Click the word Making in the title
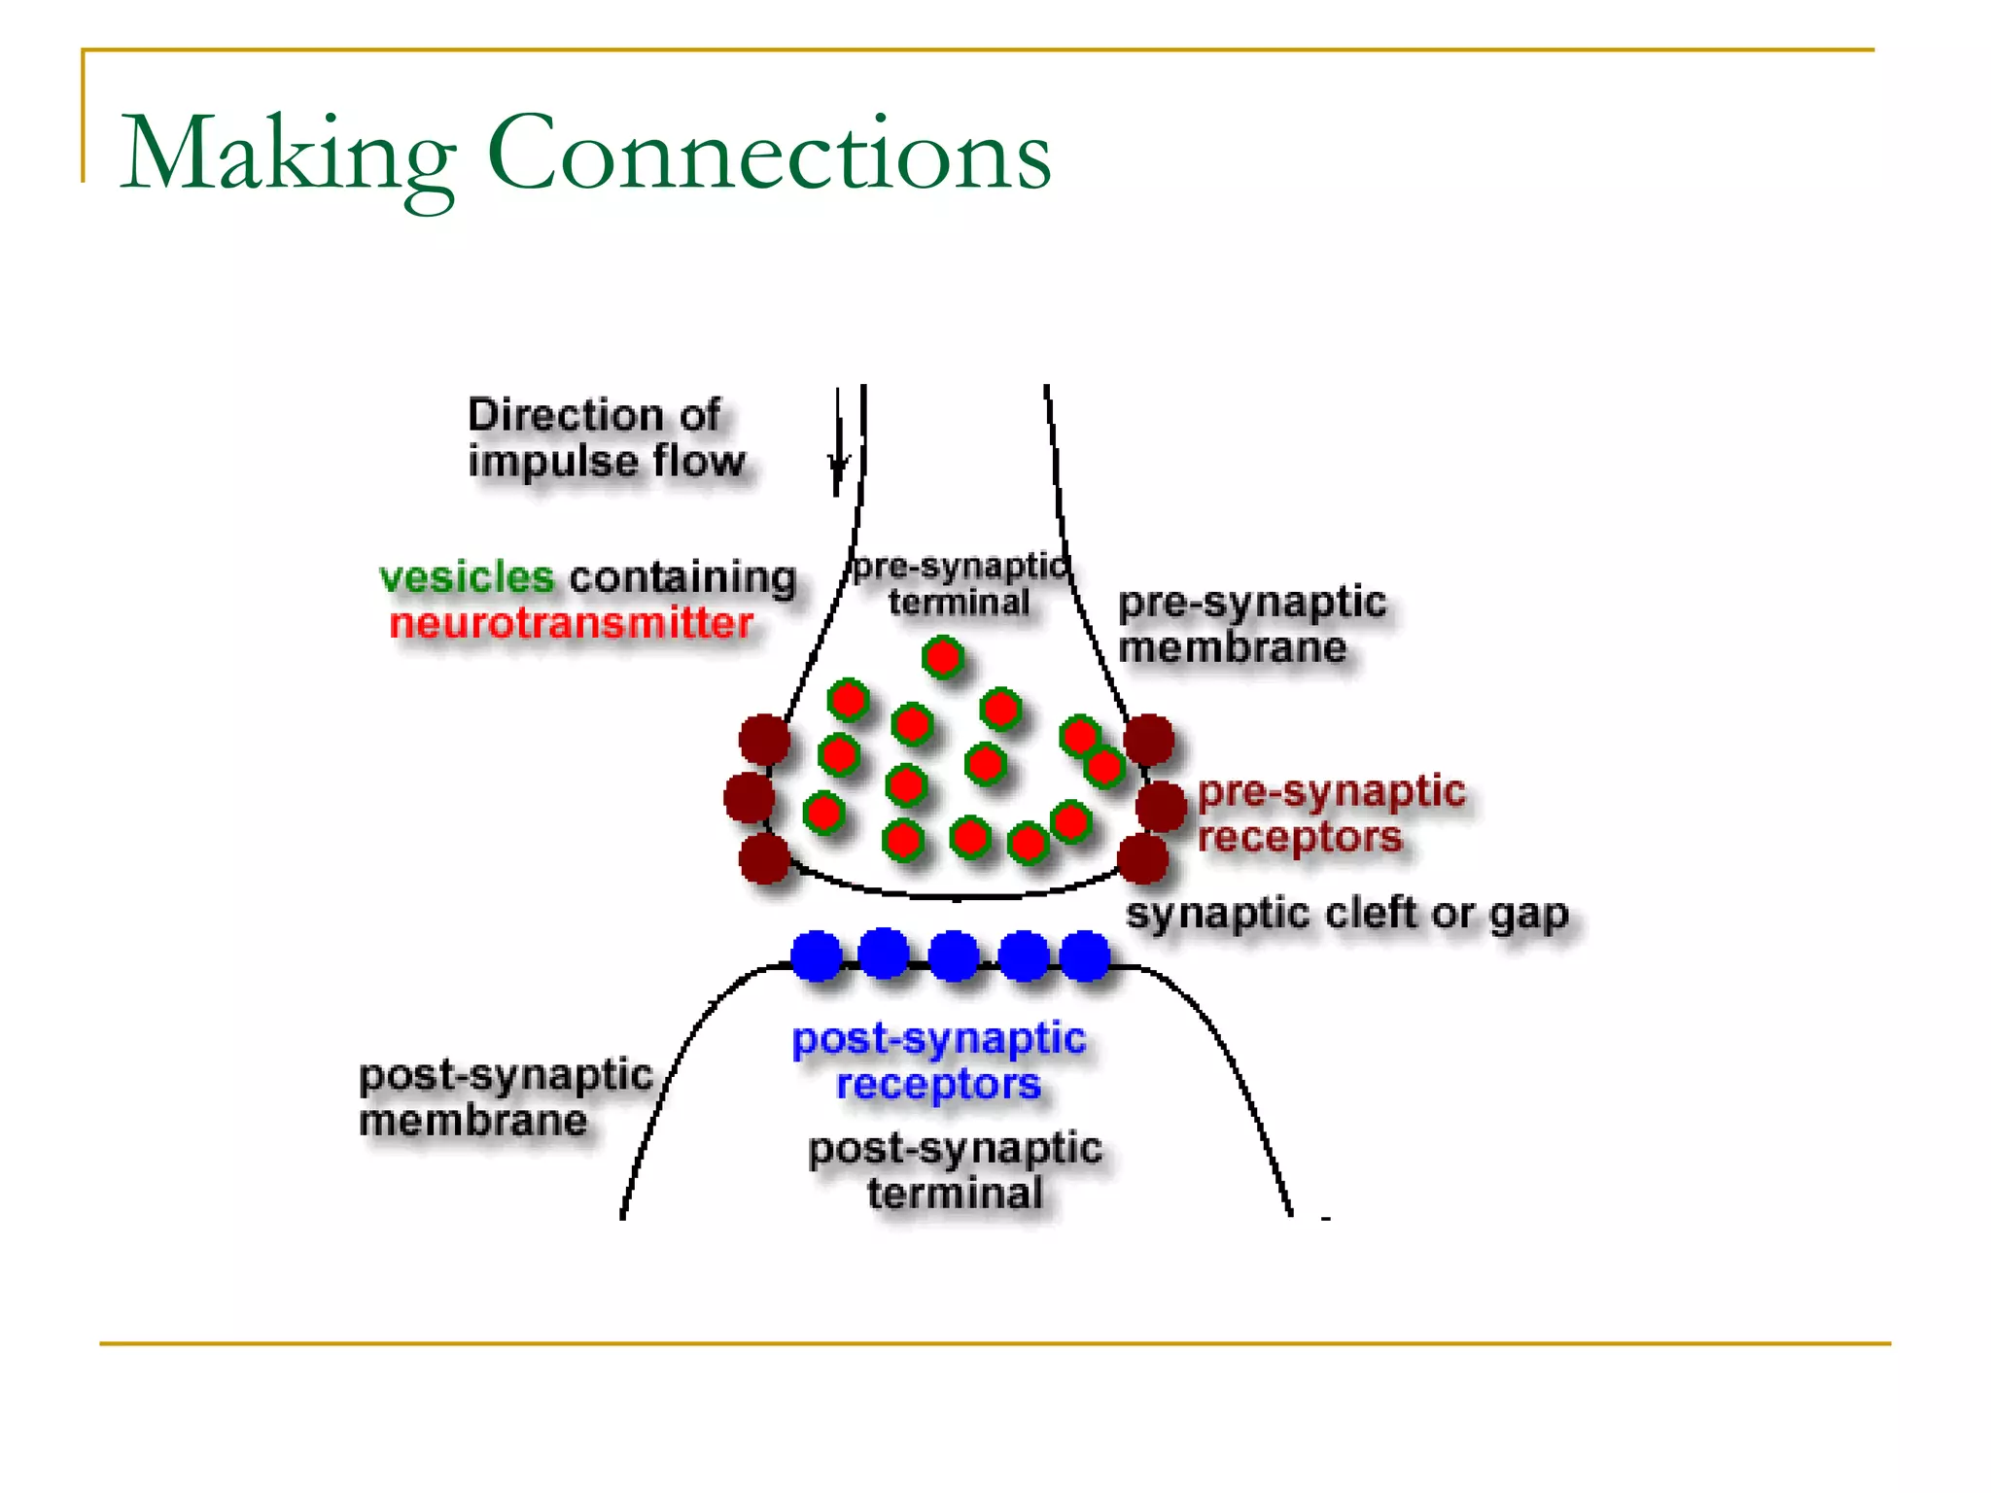click(287, 156)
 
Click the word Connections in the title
click(768, 156)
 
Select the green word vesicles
click(466, 577)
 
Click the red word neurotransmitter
click(571, 624)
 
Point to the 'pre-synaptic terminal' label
click(959, 584)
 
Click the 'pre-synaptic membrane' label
click(1251, 624)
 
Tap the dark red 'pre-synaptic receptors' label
click(1330, 814)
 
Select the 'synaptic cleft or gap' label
click(1346, 914)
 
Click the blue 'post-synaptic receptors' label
click(938, 1061)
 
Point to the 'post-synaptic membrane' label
click(505, 1097)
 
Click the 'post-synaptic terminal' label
click(955, 1170)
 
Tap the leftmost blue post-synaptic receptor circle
click(816, 955)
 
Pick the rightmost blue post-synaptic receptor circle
click(1084, 955)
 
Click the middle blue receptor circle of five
click(954, 955)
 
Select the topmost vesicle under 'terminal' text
click(942, 658)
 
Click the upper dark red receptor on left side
click(764, 740)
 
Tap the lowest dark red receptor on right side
click(1142, 858)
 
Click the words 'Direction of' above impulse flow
click(594, 415)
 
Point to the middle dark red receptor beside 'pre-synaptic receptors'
click(1161, 806)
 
